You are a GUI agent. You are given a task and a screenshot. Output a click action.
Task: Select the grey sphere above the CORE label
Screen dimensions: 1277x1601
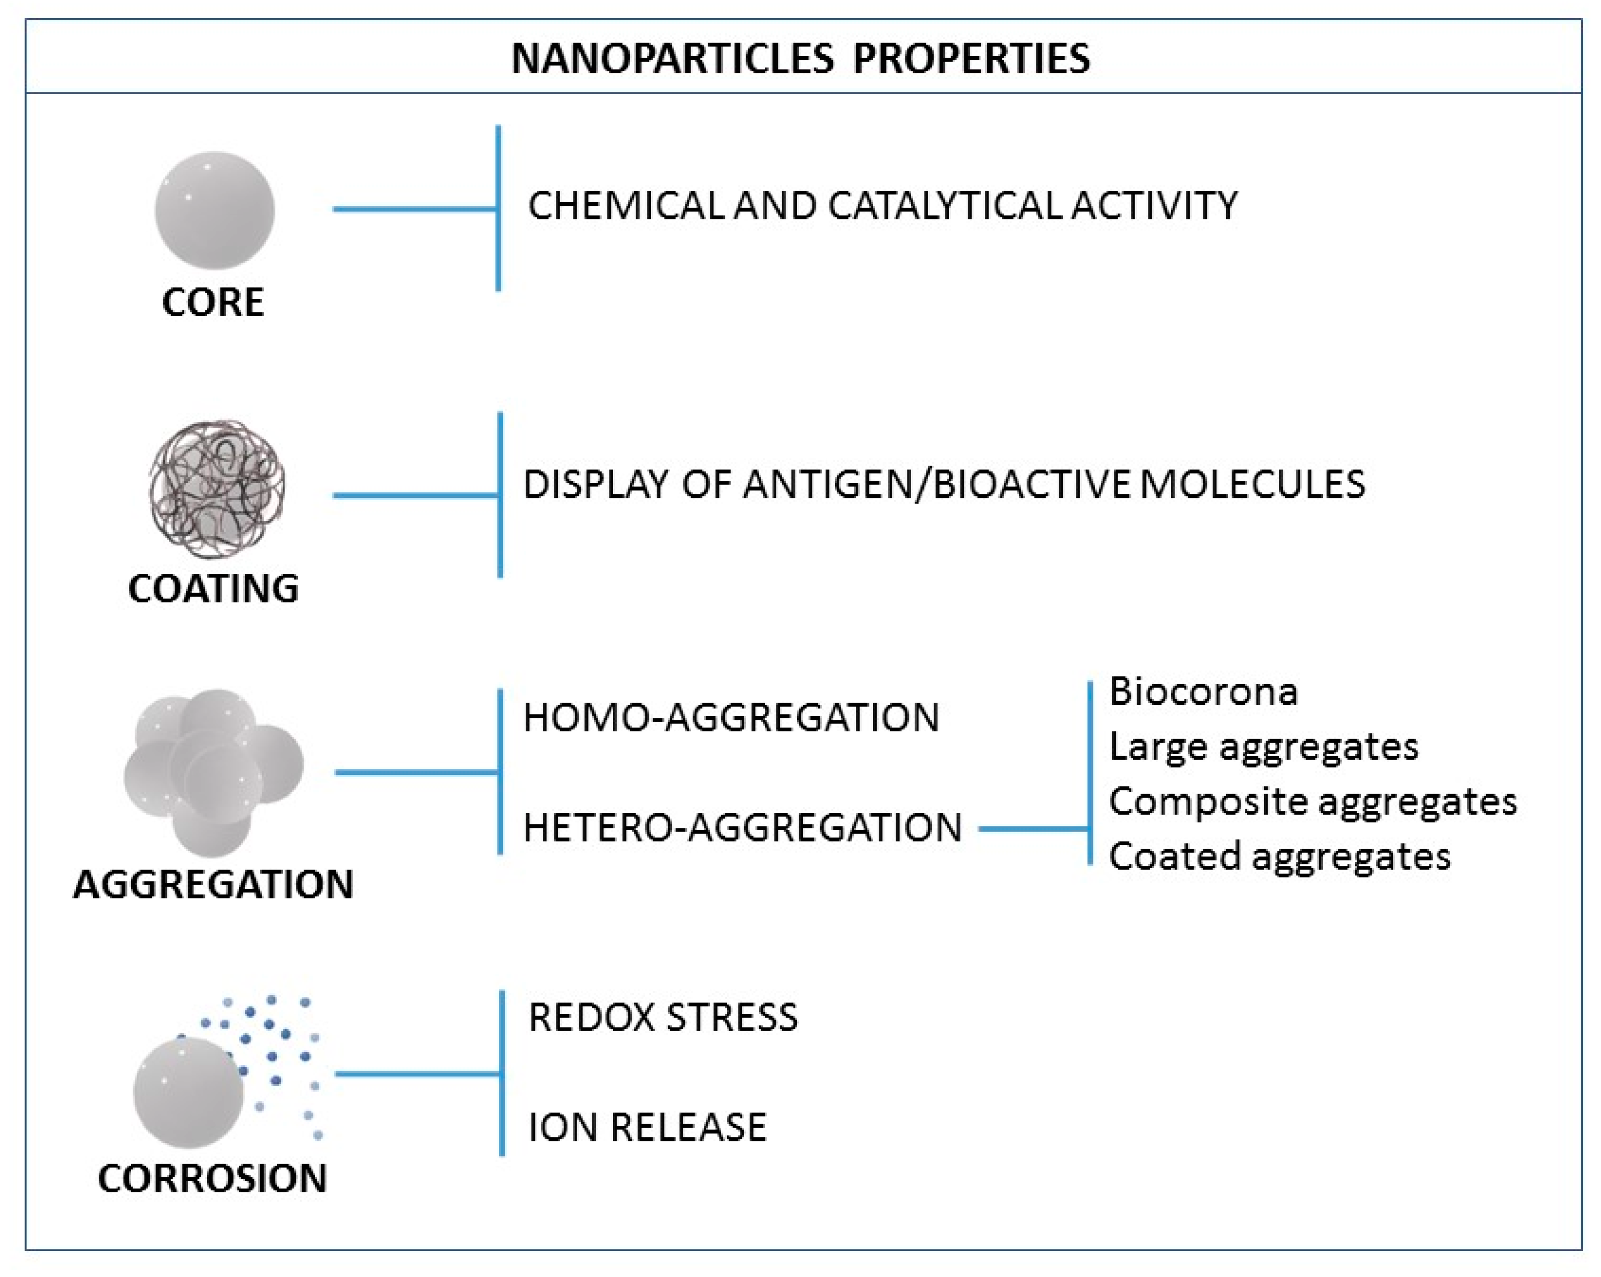215,210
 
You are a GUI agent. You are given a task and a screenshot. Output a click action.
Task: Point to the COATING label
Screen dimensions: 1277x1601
214,589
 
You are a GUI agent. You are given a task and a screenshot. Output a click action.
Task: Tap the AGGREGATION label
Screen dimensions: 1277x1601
214,884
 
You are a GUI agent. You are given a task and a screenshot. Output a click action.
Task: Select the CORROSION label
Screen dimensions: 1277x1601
212,1178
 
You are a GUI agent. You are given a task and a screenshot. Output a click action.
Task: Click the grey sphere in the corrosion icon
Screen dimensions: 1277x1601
189,1093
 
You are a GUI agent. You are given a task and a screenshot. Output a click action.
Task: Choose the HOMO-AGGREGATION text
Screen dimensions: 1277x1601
732,718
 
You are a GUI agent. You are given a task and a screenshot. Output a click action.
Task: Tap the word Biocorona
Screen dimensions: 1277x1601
1203,691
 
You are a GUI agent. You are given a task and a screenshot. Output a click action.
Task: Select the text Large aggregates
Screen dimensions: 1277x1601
1263,746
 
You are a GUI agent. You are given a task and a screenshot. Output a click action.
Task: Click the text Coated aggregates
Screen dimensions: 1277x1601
1279,856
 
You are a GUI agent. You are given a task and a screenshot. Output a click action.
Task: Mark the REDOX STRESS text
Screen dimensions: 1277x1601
663,1017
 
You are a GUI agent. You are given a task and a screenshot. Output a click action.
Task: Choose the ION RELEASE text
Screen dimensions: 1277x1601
647,1127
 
